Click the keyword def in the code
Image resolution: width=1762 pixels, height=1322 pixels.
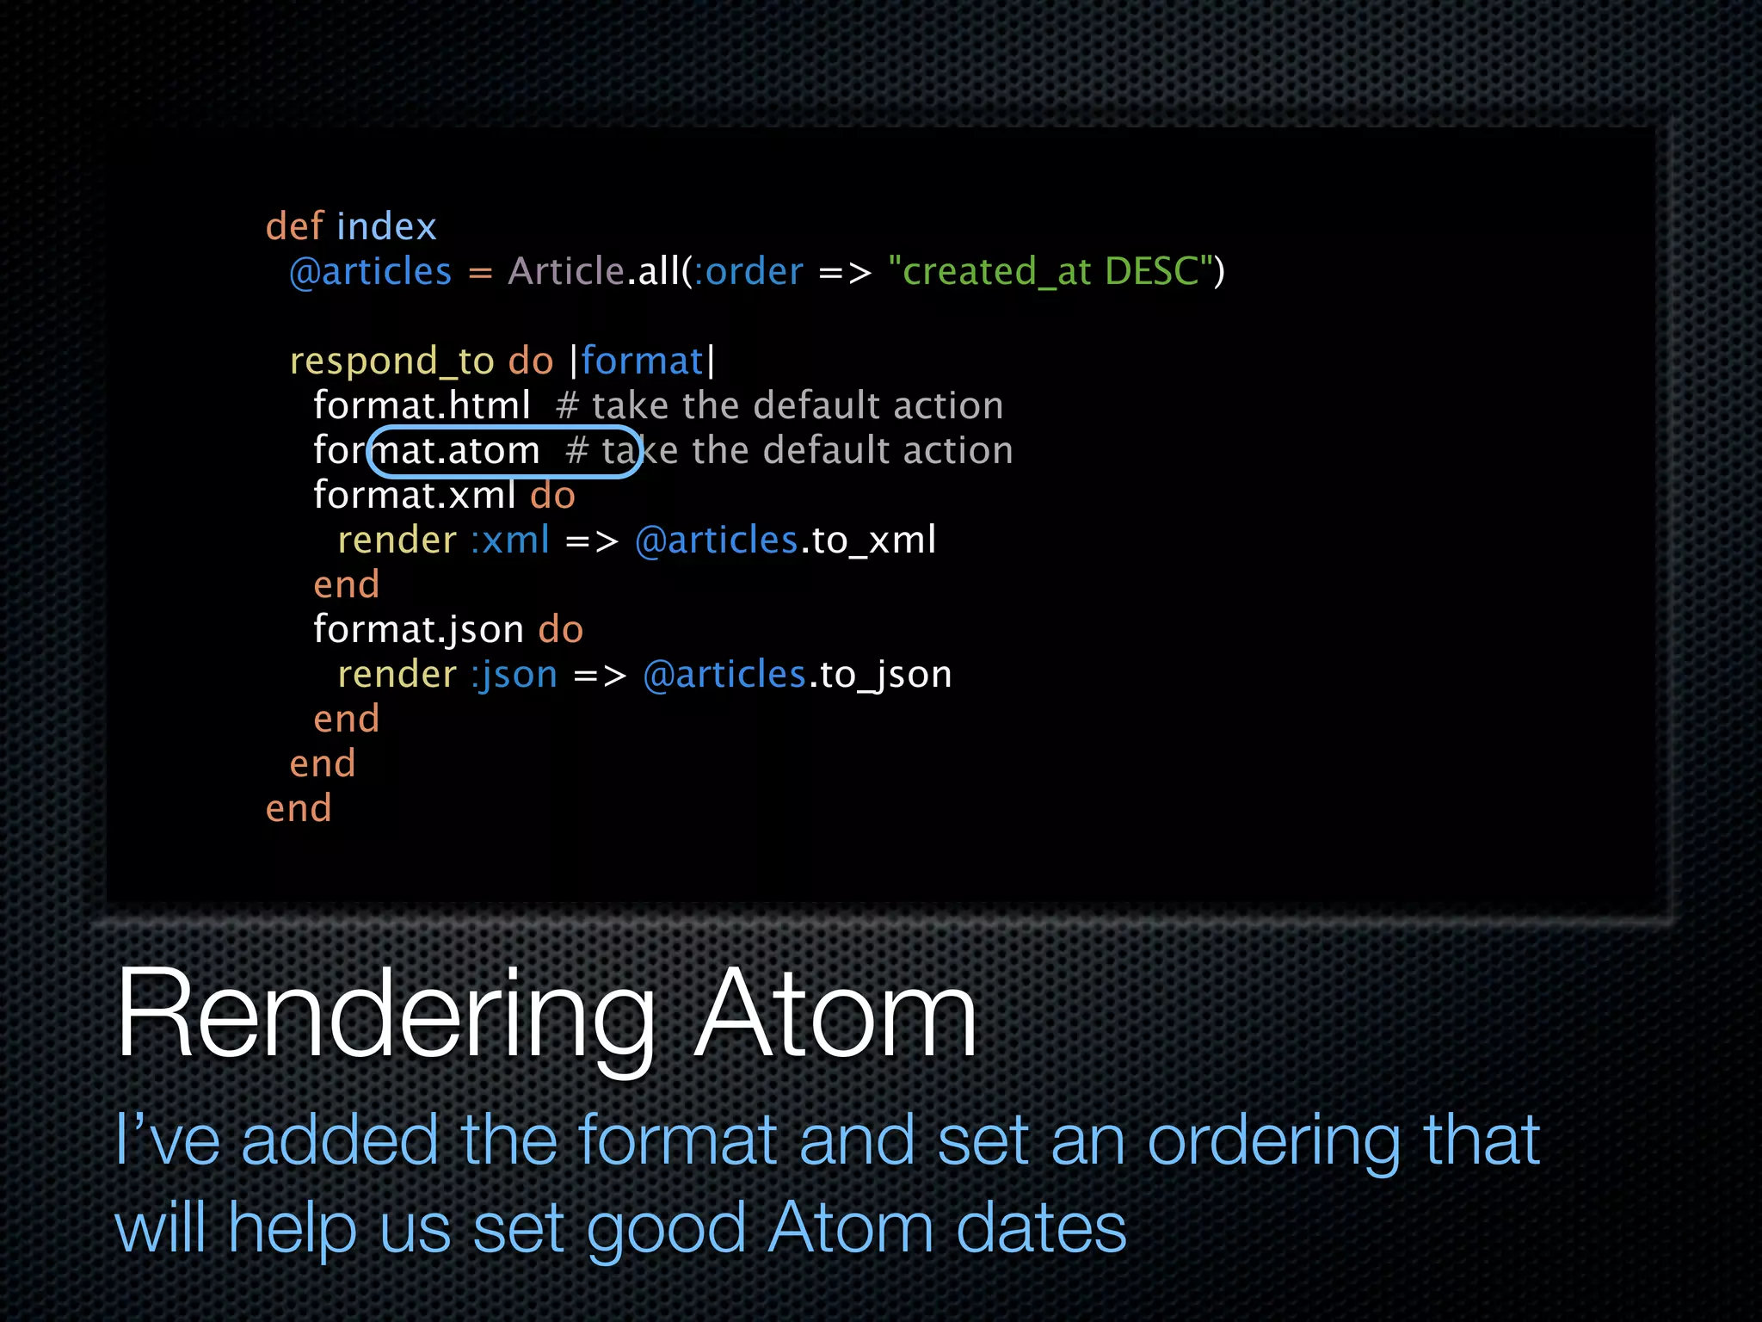(294, 226)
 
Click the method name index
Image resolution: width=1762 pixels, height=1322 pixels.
(387, 226)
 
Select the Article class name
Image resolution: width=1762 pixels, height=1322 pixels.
(565, 272)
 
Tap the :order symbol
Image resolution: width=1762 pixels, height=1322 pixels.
(749, 272)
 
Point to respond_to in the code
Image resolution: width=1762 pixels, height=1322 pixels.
(391, 361)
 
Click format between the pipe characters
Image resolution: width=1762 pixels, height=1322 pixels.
(642, 361)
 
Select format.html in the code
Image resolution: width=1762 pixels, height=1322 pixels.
(422, 405)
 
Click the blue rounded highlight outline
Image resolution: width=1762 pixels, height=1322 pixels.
(506, 428)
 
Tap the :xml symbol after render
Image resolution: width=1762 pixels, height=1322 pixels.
(510, 541)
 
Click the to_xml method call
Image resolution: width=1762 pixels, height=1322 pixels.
(873, 541)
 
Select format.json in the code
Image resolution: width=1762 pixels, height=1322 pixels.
(418, 630)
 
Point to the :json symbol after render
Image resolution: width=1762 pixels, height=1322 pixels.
(514, 675)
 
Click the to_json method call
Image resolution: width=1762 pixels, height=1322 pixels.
(885, 675)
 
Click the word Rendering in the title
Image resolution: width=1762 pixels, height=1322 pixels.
(385, 1016)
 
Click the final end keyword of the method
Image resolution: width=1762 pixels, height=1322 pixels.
(299, 809)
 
